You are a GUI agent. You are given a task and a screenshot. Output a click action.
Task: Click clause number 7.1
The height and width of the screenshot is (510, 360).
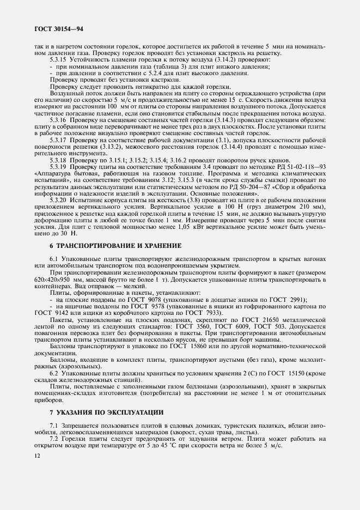tap(54, 424)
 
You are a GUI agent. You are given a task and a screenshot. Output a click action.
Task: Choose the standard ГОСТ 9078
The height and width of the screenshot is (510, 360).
tap(137, 300)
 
